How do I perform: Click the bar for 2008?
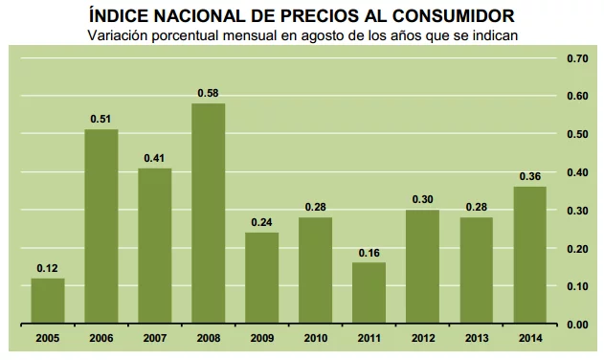click(209, 214)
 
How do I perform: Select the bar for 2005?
click(48, 301)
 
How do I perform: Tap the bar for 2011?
click(369, 293)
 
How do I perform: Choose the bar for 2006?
click(101, 226)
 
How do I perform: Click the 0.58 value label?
click(209, 93)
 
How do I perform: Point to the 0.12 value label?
click(48, 268)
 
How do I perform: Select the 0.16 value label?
click(369, 253)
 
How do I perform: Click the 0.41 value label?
click(155, 158)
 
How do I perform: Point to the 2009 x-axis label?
click(262, 338)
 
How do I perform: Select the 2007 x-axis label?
click(155, 338)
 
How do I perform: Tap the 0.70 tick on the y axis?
click(576, 58)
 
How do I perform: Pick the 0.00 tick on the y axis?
click(576, 325)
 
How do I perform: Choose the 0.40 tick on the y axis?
click(576, 172)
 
